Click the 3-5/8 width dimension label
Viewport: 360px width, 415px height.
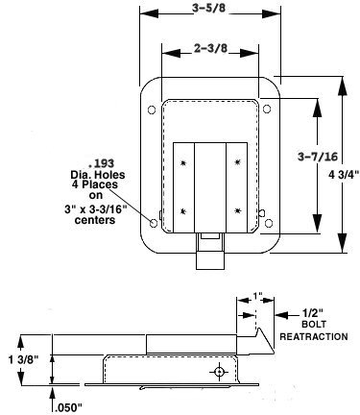tap(208, 9)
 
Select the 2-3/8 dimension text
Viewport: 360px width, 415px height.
tap(210, 48)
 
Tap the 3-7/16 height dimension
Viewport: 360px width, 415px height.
tap(318, 157)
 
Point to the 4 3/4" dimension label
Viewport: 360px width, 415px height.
tap(344, 175)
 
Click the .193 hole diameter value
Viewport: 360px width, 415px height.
tap(101, 163)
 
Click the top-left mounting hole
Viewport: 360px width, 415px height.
tap(152, 110)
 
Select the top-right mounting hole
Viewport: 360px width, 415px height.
tap(267, 109)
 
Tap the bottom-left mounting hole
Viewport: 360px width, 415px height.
tap(154, 223)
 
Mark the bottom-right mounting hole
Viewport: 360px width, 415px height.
tap(269, 223)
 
